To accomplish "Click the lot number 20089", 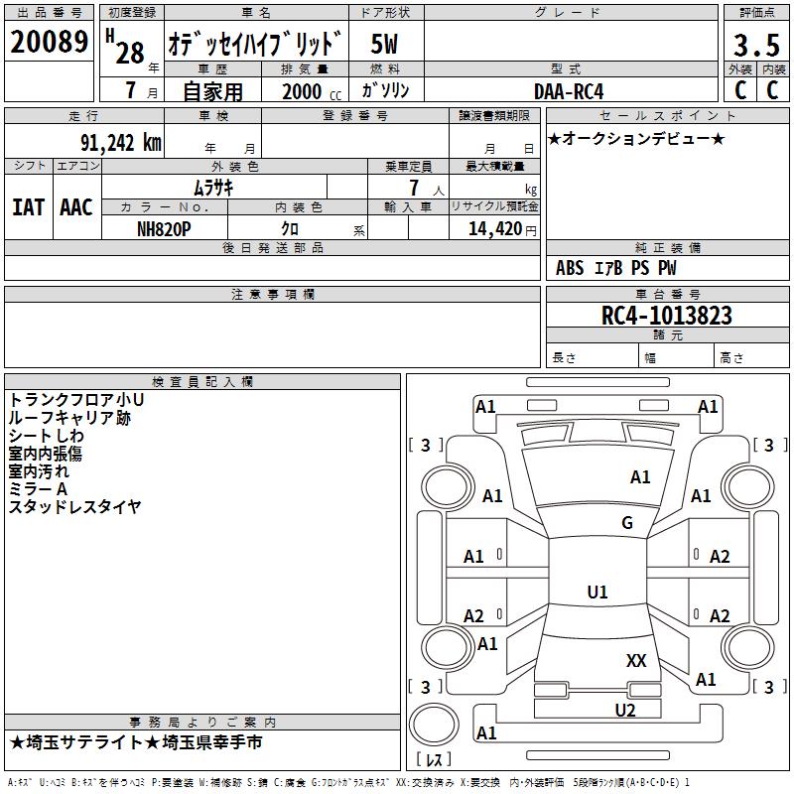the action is tap(49, 42).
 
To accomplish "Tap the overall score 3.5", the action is tap(757, 45).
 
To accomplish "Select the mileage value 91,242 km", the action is tap(121, 143).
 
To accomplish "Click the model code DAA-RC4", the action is tap(569, 91).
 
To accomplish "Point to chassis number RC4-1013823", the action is tap(666, 315).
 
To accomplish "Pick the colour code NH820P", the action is tap(164, 229).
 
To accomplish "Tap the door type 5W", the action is tap(384, 44).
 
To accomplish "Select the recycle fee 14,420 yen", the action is tap(502, 229).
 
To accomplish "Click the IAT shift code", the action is tap(29, 207).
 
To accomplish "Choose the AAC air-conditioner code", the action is tap(76, 207).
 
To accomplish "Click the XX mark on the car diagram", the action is tap(636, 660).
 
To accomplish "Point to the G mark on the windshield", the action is tap(627, 522).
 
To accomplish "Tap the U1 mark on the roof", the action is tap(597, 592).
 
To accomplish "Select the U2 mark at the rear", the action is tap(625, 710).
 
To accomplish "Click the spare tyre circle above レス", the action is tap(434, 725).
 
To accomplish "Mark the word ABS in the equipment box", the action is tap(570, 268).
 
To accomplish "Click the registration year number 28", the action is tap(130, 53).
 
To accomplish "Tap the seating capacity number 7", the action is tap(414, 188).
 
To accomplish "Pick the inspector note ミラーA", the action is tap(38, 488).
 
